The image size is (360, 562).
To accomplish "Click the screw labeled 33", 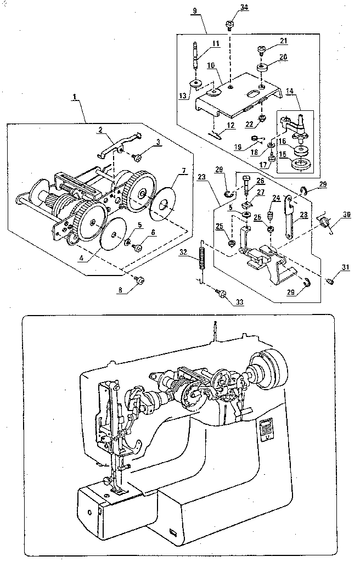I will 223,295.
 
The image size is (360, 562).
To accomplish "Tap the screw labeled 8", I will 139,280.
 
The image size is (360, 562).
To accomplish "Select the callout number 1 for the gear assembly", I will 75,97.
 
